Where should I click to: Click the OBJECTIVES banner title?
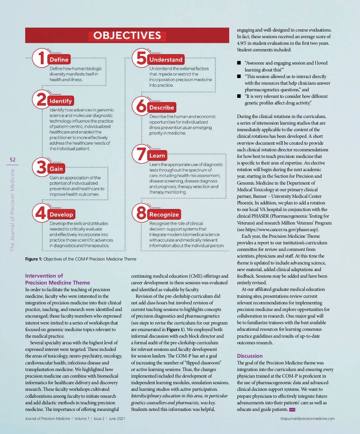pyautogui.click(x=127, y=35)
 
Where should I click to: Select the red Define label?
pyautogui.click(x=59, y=60)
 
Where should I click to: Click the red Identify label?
pyautogui.click(x=61, y=101)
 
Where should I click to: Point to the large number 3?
pyautogui.click(x=41, y=167)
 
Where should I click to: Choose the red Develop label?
pyautogui.click(x=61, y=215)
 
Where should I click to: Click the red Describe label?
pyautogui.click(x=162, y=107)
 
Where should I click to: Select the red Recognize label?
pyautogui.click(x=164, y=215)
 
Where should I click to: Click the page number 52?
pyautogui.click(x=13, y=160)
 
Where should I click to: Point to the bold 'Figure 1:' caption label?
pyautogui.click(x=34, y=259)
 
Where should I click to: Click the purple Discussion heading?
pyautogui.click(x=250, y=356)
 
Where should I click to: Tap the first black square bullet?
pyautogui.click(x=239, y=63)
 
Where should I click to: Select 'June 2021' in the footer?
pyautogui.click(x=117, y=419)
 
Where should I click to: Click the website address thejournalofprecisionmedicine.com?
pyautogui.click(x=307, y=419)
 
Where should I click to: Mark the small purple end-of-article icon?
pyautogui.click(x=292, y=410)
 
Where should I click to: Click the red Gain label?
pyautogui.click(x=56, y=169)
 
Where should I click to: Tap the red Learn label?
pyautogui.click(x=157, y=156)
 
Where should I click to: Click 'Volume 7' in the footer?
pyautogui.click(x=82, y=419)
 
